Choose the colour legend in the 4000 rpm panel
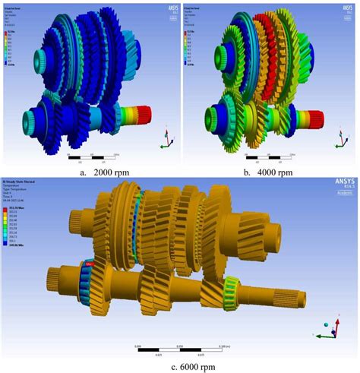[x=189, y=37]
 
